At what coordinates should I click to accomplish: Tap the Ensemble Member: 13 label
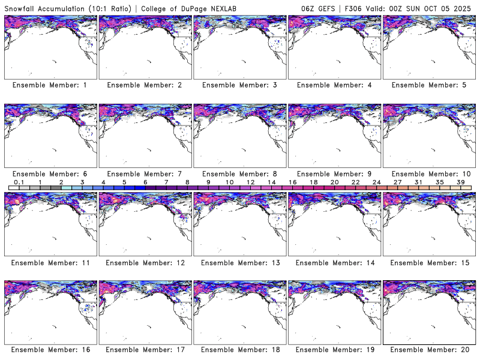[239, 262]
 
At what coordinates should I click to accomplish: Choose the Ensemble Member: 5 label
[428, 85]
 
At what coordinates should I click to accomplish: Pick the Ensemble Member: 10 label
[428, 173]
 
